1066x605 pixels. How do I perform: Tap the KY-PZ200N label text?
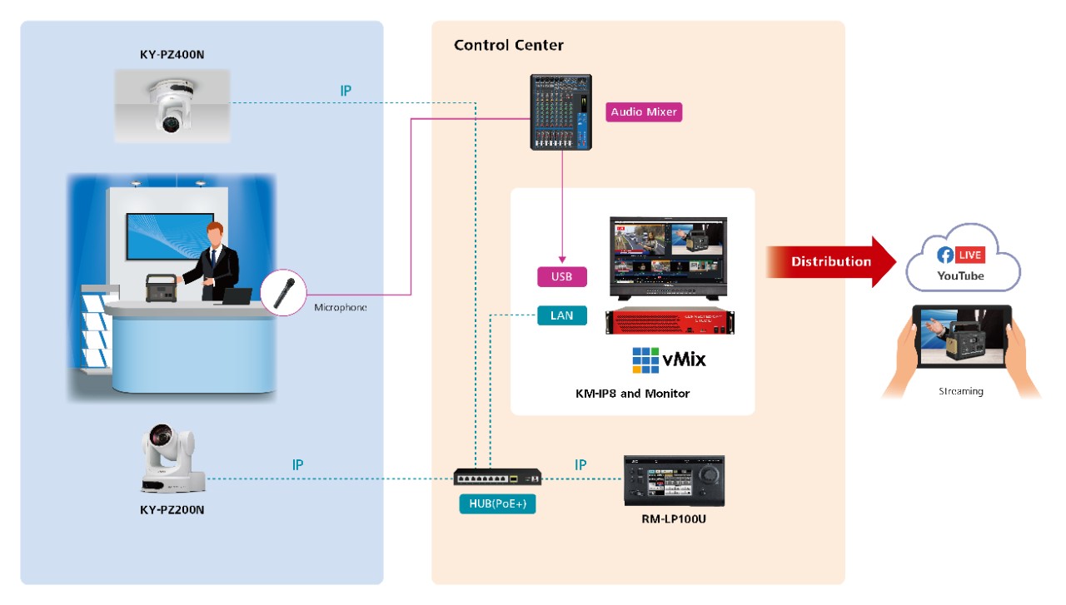point(172,509)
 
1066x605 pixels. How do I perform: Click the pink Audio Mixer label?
point(644,112)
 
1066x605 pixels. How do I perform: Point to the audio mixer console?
point(561,112)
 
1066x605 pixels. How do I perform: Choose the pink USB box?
point(561,277)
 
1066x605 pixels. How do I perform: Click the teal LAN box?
point(561,315)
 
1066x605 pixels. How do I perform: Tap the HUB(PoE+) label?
point(497,503)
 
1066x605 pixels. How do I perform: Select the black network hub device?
point(498,478)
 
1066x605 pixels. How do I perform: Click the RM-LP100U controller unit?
point(675,480)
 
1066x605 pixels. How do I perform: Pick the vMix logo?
point(669,360)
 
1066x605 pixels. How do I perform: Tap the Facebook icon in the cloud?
point(944,255)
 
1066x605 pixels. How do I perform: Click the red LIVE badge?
point(970,255)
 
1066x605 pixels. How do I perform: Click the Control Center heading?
point(508,45)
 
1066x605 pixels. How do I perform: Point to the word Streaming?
point(960,391)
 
